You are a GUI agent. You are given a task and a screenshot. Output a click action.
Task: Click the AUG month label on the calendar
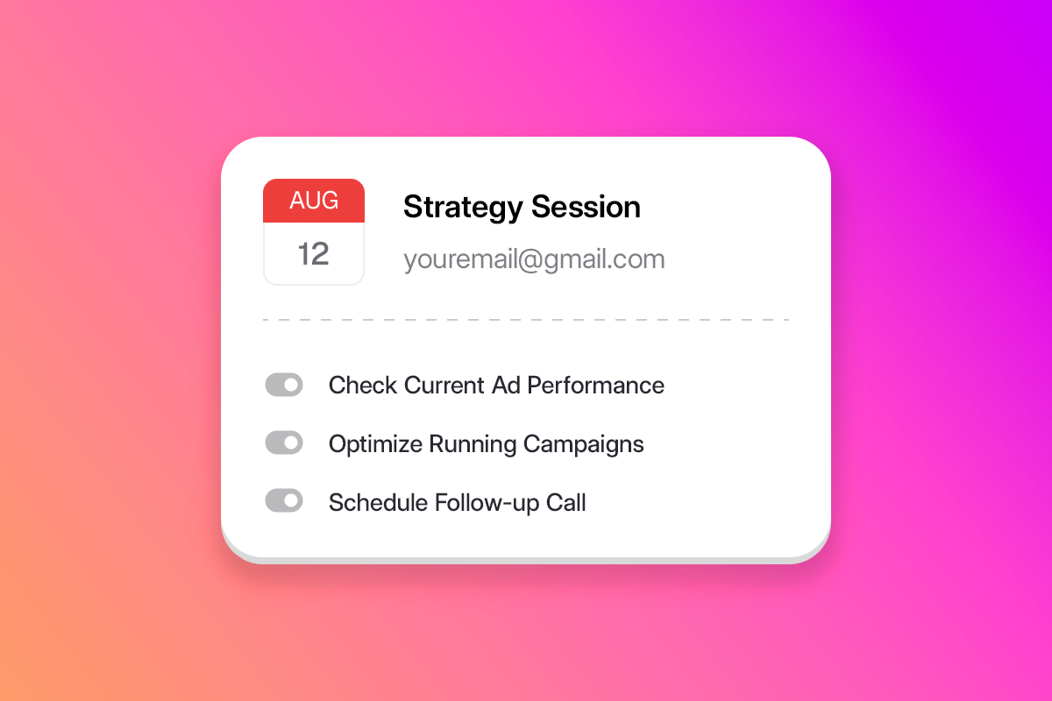pos(314,201)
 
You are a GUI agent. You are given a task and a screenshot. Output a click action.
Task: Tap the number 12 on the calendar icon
pos(314,253)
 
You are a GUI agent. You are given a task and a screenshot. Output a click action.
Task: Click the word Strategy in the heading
pos(463,208)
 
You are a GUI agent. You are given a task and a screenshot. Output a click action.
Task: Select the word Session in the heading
pos(586,207)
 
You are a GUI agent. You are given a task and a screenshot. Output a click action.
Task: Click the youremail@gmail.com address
pos(534,259)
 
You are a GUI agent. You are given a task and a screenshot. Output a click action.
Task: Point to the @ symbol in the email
pos(531,260)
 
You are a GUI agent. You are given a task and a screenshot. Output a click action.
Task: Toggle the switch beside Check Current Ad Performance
pos(284,385)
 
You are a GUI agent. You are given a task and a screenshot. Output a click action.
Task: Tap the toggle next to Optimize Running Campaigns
pos(284,443)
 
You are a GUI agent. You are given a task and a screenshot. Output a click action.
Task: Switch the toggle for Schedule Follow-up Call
pos(284,500)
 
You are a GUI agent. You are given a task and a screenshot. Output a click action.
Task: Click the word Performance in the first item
pos(595,386)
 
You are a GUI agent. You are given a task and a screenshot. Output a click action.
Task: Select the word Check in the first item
pos(363,386)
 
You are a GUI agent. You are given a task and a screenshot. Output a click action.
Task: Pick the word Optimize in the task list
pos(375,444)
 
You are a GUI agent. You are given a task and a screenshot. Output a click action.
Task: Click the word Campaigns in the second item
pos(583,444)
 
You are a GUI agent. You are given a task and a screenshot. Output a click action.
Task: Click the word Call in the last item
pos(565,502)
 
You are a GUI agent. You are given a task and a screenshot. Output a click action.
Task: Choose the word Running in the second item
pos(473,444)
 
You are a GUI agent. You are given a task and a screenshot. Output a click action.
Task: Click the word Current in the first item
pos(444,386)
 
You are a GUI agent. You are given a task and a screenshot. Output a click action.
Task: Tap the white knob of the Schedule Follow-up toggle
pos(292,500)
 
